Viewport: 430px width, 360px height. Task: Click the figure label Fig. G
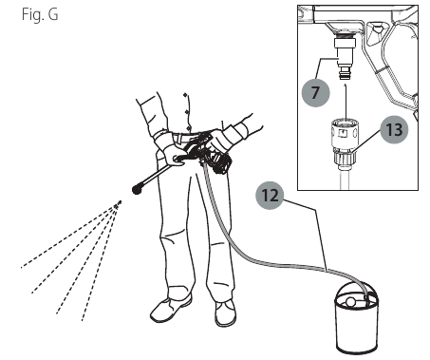[40, 14]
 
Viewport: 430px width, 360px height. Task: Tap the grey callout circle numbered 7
[315, 92]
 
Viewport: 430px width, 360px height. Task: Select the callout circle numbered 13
[394, 129]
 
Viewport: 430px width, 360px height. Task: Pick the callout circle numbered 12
[270, 196]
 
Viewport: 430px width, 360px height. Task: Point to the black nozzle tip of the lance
[137, 189]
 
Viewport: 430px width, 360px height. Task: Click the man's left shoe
[226, 313]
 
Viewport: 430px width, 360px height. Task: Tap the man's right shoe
[171, 309]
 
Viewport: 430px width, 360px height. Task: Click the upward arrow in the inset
[346, 101]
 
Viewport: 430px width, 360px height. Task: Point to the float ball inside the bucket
[350, 302]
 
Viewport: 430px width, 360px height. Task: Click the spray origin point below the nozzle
[119, 203]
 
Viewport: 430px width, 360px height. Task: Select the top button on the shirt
[185, 95]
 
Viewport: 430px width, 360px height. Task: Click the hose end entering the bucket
[366, 297]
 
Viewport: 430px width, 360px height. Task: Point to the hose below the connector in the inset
[345, 177]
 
